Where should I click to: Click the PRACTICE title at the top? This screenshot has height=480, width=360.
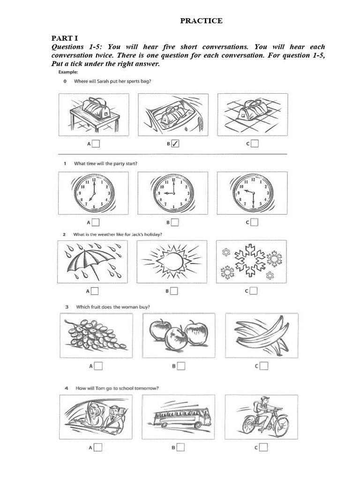tap(202, 21)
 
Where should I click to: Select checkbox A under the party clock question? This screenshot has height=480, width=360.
tap(95, 222)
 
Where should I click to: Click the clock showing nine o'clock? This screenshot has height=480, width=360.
tap(173, 193)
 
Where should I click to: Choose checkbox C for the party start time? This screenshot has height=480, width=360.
tap(254, 222)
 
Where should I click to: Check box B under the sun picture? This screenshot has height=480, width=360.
tap(174, 291)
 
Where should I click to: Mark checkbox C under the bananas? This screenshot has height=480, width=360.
tap(264, 366)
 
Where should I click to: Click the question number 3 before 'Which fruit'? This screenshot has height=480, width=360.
tap(67, 307)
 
